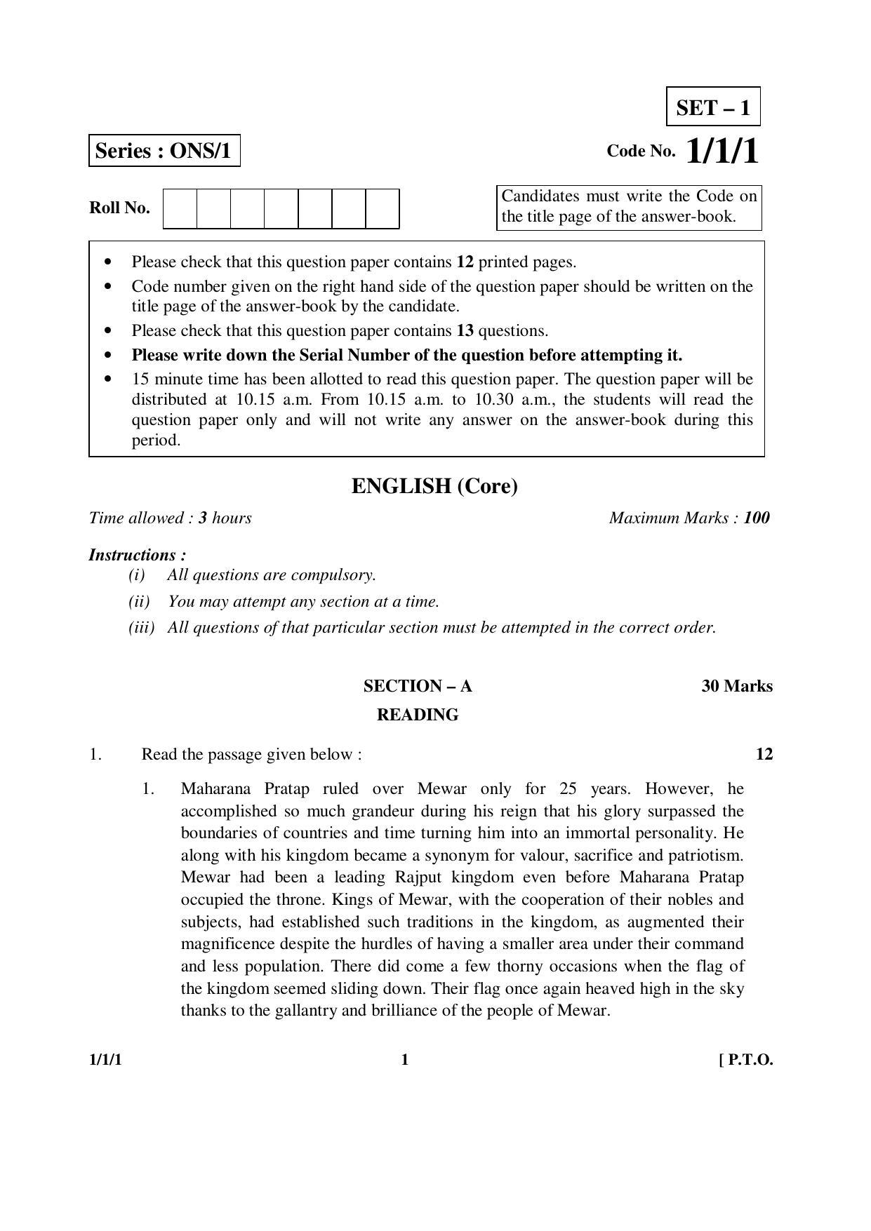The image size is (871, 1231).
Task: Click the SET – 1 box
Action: [x=712, y=107]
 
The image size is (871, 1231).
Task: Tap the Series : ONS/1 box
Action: [x=164, y=151]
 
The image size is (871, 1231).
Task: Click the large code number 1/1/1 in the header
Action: [x=722, y=151]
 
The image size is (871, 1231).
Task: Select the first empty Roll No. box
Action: [x=180, y=208]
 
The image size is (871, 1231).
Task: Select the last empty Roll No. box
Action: [x=383, y=208]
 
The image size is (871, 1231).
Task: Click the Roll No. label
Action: [x=119, y=208]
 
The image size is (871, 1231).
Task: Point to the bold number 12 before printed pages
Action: [x=465, y=262]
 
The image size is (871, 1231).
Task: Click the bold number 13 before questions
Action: [x=465, y=330]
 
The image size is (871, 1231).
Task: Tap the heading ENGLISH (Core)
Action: [x=434, y=486]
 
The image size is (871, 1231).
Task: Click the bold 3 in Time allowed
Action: [x=203, y=518]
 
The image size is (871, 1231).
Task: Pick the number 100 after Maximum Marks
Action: [x=757, y=518]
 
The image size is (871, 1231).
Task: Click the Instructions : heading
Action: [x=138, y=555]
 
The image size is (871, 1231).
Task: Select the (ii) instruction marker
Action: [x=139, y=601]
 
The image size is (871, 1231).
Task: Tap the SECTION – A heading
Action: [x=418, y=686]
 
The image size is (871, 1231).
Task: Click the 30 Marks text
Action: [x=736, y=686]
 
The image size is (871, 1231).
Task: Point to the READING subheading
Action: [x=418, y=715]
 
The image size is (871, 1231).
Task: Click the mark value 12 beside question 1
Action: [x=764, y=754]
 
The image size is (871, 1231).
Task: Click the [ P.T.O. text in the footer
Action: [x=745, y=1060]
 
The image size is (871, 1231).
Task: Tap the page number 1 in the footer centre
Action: [x=404, y=1060]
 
